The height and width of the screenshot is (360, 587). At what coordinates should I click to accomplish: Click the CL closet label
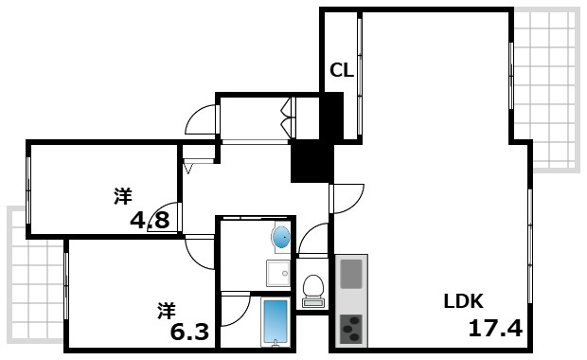coord(341,69)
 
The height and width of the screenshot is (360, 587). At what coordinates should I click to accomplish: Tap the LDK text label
coord(464,302)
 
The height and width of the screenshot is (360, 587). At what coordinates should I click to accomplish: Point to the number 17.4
coord(495,329)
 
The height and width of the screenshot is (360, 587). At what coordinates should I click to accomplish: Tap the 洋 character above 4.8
coord(123,197)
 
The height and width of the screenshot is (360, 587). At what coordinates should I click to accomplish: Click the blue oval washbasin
coord(280,236)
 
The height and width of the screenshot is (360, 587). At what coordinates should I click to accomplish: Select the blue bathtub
coord(275,323)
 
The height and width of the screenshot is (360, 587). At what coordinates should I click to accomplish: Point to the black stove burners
coord(350,329)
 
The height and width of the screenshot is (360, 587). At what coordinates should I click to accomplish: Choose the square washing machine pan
coord(277,274)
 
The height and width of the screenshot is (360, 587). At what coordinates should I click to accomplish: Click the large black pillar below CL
coord(311,160)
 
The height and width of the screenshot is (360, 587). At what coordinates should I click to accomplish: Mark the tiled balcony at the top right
coord(546,90)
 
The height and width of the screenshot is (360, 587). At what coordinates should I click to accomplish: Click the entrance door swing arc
coord(201,119)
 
